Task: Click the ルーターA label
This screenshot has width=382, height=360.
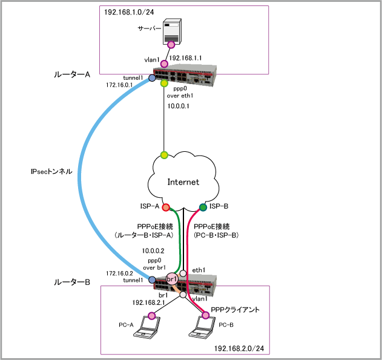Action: [71, 74]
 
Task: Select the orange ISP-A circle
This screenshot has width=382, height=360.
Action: [165, 208]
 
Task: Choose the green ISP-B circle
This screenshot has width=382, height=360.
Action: [203, 207]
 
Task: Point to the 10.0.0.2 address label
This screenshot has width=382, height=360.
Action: [155, 250]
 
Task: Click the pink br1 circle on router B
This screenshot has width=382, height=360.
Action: [171, 279]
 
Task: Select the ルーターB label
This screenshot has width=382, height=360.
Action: [71, 281]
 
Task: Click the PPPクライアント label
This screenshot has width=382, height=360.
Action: [235, 310]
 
